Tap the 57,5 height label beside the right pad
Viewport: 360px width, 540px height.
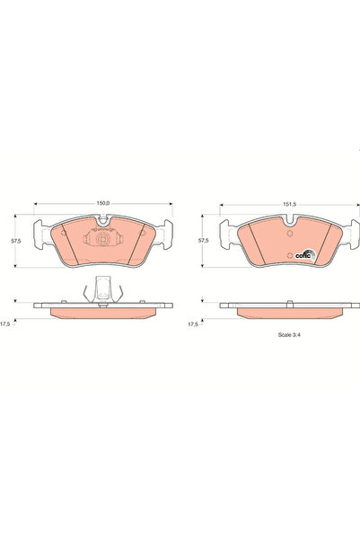(x=204, y=242)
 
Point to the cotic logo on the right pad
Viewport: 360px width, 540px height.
(x=305, y=252)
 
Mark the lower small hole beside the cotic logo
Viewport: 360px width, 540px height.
(x=289, y=258)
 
